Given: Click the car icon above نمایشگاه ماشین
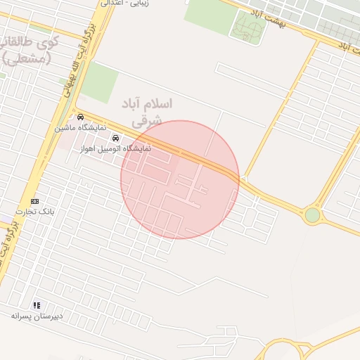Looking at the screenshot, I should click(x=81, y=117).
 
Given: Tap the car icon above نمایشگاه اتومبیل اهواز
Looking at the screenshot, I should click(x=116, y=138).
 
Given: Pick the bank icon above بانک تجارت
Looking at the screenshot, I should click(x=35, y=201).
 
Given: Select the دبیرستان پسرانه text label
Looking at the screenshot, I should click(x=37, y=316).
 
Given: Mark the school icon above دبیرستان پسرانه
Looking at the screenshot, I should click(x=37, y=305).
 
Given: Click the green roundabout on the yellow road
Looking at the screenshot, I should click(x=312, y=214).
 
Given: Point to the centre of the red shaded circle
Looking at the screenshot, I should click(x=180, y=179).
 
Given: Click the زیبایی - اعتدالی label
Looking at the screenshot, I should click(x=129, y=4).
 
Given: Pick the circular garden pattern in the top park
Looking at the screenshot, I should click(x=247, y=28).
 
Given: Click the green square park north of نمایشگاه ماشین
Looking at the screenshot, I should click(x=98, y=82).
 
